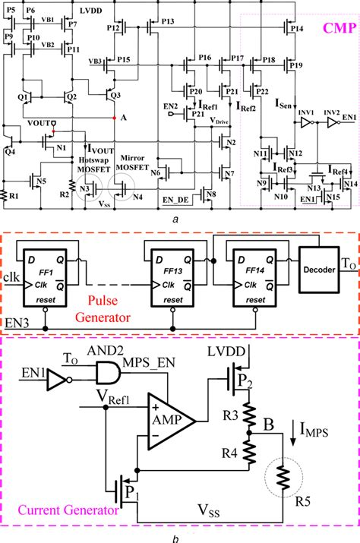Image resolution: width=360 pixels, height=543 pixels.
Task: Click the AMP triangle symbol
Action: (x=174, y=418)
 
